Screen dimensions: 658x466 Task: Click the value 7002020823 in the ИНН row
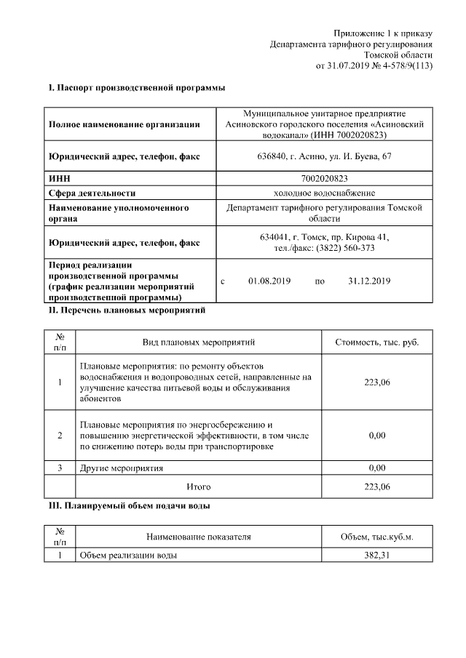[324, 177]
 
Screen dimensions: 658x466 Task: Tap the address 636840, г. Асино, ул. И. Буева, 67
[324, 156]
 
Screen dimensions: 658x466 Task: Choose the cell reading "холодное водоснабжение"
[324, 193]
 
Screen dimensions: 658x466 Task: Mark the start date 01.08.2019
[269, 281]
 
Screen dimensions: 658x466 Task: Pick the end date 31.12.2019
[369, 281]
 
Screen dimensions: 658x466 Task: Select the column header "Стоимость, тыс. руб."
[376, 342]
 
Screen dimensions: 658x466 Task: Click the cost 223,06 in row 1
[376, 382]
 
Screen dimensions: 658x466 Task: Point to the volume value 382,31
[376, 555]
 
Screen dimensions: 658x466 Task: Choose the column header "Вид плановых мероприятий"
[198, 342]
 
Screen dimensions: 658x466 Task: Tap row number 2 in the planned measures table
[60, 435]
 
